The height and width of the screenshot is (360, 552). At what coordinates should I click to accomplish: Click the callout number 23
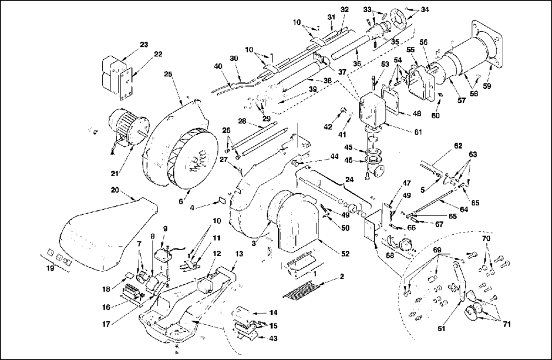[144, 45]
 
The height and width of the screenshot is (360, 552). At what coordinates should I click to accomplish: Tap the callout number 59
[487, 86]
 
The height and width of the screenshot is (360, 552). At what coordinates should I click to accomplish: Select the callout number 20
[115, 190]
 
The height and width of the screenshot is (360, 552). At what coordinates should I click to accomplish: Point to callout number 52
[346, 253]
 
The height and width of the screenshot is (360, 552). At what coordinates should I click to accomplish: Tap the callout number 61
[418, 132]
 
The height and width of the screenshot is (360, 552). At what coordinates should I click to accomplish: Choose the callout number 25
[168, 75]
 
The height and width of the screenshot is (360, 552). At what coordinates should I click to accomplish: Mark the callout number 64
[464, 210]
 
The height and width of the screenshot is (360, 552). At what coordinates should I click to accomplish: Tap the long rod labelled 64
[433, 201]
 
